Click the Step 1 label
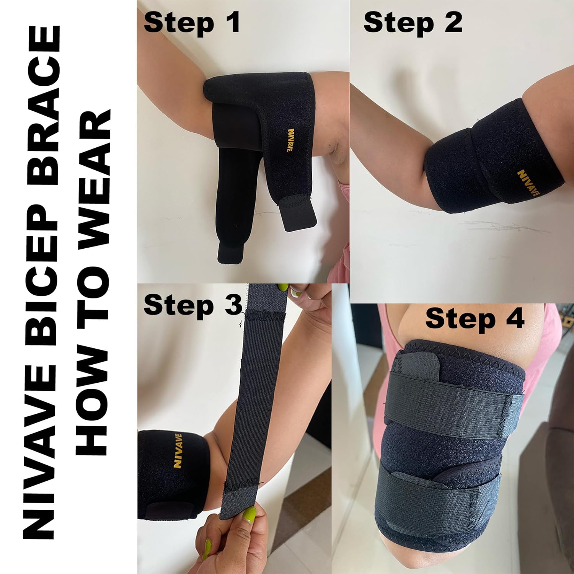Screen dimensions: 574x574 pos(192,23)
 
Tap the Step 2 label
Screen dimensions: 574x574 pos(413,23)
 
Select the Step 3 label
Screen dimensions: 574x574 pos(193,305)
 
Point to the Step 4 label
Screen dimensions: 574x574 pos(475,318)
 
